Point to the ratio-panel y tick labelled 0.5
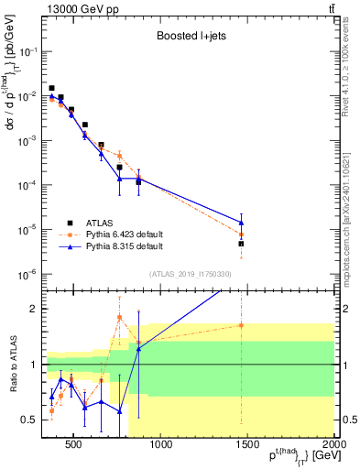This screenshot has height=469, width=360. [35, 420]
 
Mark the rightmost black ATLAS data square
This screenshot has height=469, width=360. [241, 244]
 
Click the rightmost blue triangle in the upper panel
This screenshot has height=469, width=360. [241, 222]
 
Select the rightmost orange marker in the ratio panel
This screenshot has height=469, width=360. [241, 325]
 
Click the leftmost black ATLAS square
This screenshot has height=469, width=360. [51, 88]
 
